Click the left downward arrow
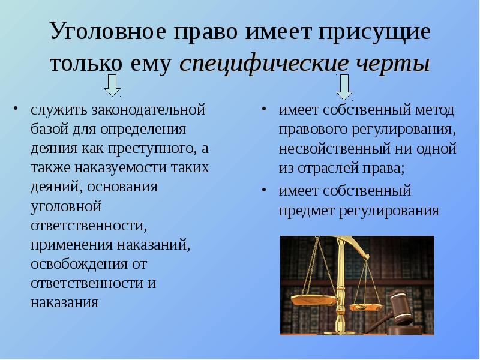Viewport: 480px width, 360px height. pos(112,85)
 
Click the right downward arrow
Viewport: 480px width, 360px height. pos(344,87)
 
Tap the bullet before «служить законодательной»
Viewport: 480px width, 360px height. pos(16,109)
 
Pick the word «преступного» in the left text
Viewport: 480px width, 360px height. pos(152,149)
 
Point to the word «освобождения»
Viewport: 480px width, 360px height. pos(79,264)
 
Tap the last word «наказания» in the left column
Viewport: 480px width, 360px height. pos(64,303)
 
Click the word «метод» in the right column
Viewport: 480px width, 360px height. pos(434,110)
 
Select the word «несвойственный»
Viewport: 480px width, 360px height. pos(334,149)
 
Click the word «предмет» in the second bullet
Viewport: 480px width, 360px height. pos(307,211)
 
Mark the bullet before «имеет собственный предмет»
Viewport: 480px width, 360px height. pos(264,190)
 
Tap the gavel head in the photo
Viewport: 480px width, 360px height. pos(400,307)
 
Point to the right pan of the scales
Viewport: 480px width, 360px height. pos(366,307)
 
